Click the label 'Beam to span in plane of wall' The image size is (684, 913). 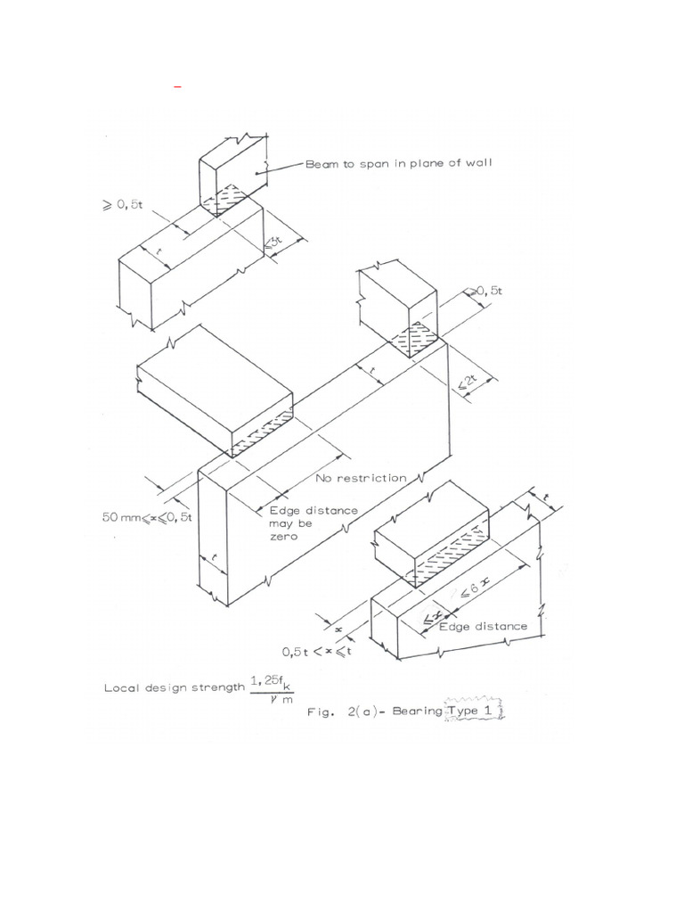397,163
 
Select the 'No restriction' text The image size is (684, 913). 361,479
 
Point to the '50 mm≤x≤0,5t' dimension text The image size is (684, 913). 148,517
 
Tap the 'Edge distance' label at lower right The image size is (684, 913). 484,626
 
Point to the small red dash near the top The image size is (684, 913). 177,87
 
